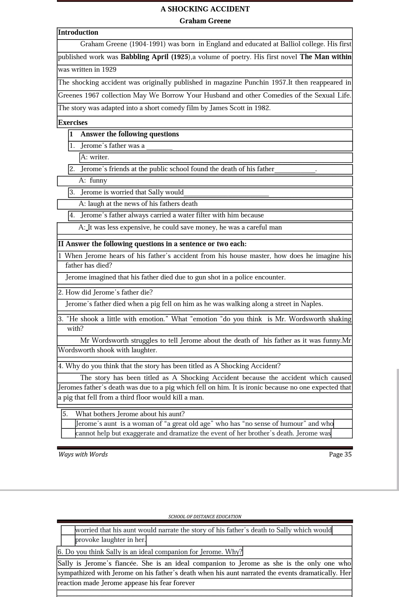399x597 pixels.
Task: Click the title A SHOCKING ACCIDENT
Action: [x=205, y=9]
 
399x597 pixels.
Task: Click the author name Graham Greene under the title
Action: [x=205, y=21]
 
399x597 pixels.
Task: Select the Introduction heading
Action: [x=78, y=33]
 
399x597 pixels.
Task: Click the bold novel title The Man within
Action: [x=325, y=57]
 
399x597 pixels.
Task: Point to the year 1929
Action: [x=109, y=69]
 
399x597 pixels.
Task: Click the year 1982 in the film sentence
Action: [x=262, y=108]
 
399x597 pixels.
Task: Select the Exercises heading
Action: [x=73, y=122]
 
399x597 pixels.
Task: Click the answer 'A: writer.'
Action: [x=95, y=157]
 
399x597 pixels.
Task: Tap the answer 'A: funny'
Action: [x=93, y=180]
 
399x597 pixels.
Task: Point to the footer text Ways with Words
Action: [x=83, y=454]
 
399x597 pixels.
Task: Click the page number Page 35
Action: [x=340, y=454]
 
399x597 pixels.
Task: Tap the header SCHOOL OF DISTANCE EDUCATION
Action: [x=205, y=517]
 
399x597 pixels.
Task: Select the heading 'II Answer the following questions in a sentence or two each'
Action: [x=152, y=244]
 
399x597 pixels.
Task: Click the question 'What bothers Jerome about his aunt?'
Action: [x=130, y=414]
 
